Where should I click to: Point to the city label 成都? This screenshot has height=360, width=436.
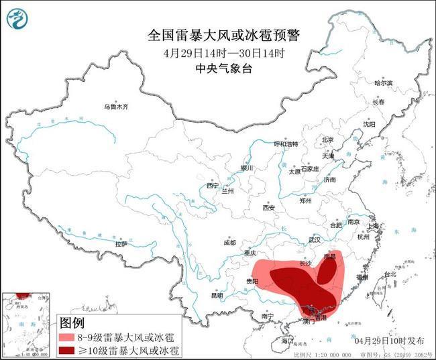tap(229, 242)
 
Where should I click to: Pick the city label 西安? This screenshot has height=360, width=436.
tap(269, 207)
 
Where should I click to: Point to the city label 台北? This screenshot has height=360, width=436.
tap(388, 274)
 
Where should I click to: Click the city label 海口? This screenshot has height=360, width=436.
tap(288, 341)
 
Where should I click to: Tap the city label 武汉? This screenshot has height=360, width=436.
tap(315, 239)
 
